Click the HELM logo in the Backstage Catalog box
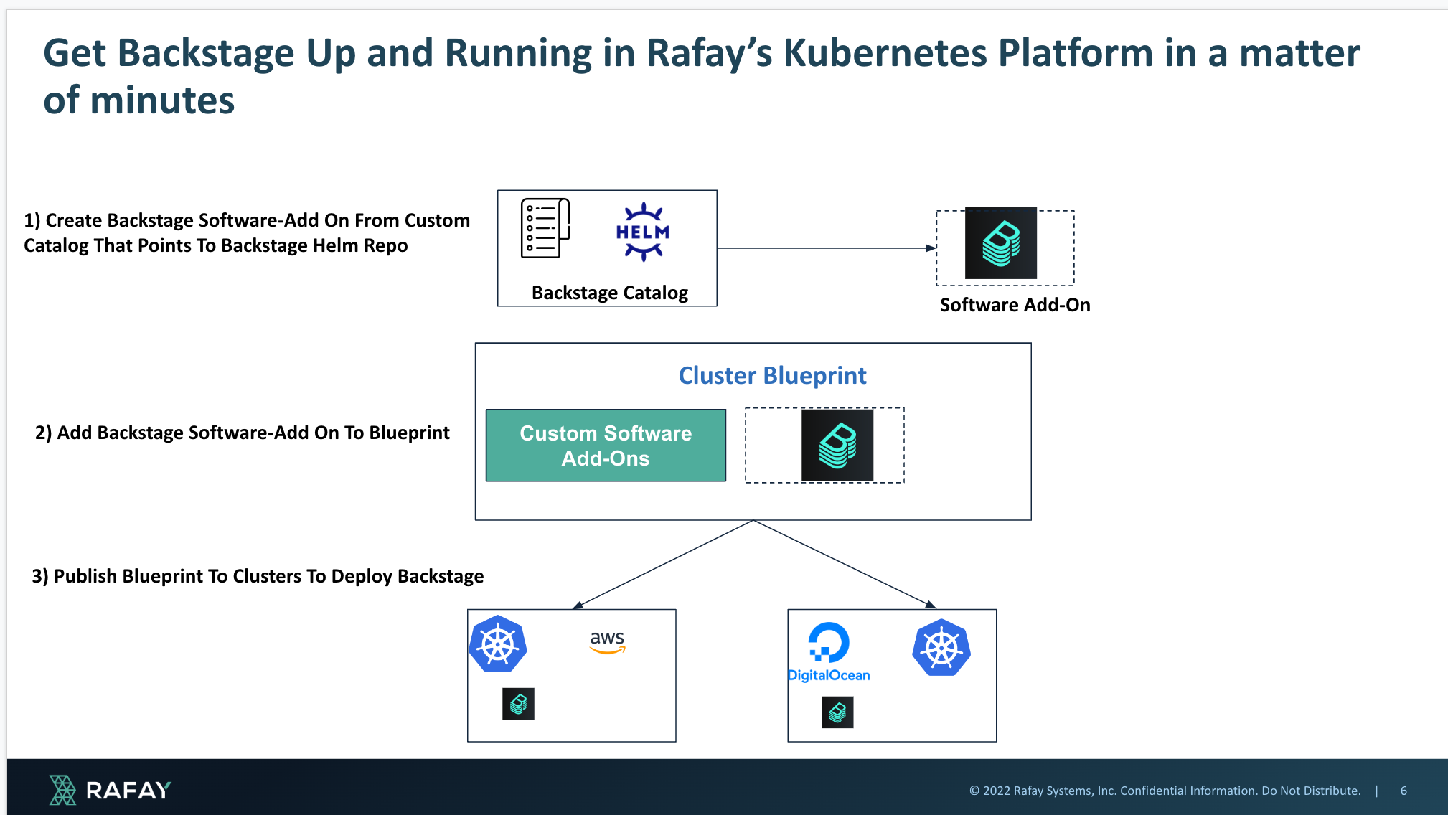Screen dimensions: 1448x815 point(643,232)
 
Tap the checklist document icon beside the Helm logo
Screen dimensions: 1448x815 point(545,228)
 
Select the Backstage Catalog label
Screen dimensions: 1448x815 point(610,293)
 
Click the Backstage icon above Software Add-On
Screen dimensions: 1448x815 point(1001,243)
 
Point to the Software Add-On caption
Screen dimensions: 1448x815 point(1015,305)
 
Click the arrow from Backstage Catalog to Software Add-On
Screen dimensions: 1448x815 point(827,248)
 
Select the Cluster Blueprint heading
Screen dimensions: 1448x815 point(773,375)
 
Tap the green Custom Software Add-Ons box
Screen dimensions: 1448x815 point(606,446)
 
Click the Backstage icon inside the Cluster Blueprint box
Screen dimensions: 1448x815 point(837,446)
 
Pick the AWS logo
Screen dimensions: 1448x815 point(607,641)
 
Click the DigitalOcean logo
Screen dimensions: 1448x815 point(829,652)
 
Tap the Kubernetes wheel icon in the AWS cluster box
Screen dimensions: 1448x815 point(498,644)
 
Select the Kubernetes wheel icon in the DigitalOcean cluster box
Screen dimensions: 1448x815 point(941,648)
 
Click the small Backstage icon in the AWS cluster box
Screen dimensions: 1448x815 point(518,704)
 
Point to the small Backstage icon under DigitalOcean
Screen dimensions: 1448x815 point(837,712)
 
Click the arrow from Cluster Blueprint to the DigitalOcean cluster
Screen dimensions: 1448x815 point(845,564)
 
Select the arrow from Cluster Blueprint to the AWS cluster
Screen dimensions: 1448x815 point(663,564)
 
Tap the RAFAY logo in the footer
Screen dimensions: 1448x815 point(110,790)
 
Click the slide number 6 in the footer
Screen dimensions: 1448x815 point(1404,791)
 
